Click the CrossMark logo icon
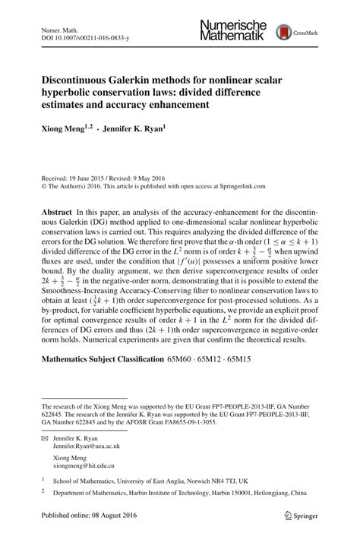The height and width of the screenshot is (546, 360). click(285, 32)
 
